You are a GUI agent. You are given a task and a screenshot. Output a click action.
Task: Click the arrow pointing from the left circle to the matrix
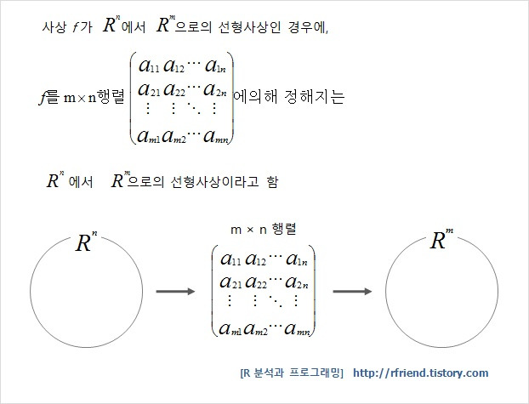(x=177, y=292)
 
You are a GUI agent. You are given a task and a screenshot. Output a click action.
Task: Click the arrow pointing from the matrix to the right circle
(x=354, y=292)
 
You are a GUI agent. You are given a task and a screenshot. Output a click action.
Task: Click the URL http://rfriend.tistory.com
(x=420, y=373)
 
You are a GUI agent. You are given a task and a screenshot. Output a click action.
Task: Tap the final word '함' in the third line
(x=272, y=182)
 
